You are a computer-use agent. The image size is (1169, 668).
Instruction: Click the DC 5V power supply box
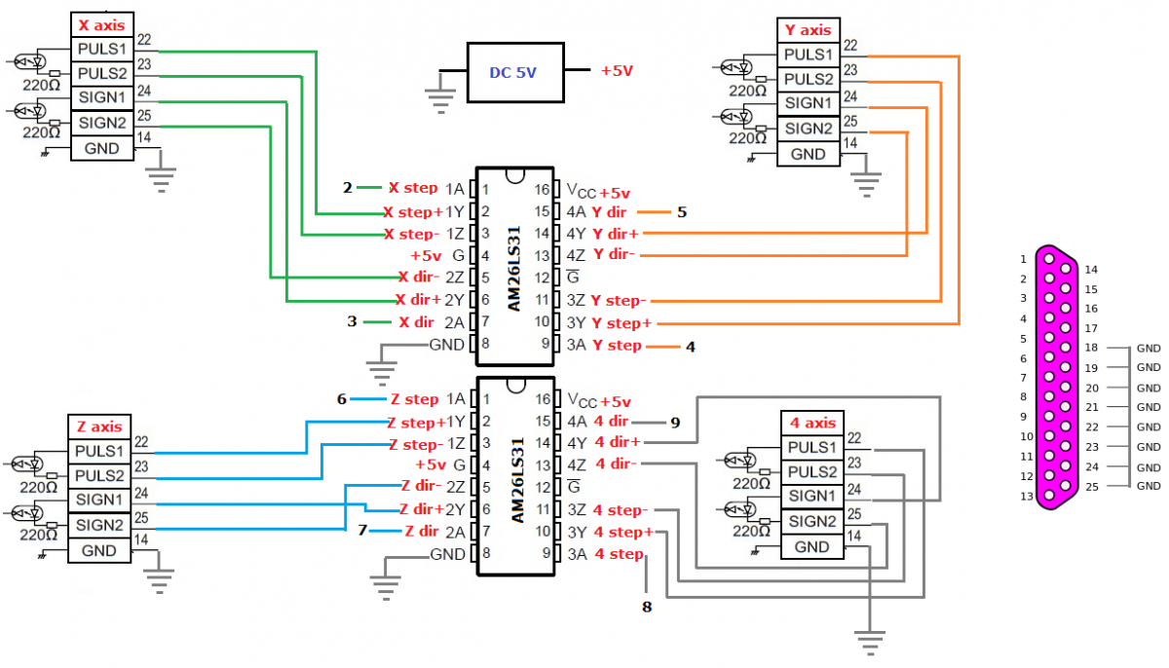514,72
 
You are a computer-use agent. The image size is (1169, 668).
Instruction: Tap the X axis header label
101,25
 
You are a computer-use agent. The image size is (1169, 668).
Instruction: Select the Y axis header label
808,30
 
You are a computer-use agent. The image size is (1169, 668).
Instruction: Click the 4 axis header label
812,423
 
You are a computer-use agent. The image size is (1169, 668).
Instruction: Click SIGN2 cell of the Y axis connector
808,129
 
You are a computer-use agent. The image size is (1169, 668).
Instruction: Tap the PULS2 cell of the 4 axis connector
812,472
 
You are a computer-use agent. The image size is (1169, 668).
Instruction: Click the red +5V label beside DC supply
617,71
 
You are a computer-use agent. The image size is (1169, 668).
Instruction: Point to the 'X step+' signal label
413,211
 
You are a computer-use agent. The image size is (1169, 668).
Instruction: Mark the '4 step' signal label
619,555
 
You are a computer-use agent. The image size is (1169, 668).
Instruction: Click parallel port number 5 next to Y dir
682,211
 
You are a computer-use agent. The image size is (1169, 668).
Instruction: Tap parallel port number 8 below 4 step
645,607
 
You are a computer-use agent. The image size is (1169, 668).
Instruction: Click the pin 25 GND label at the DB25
1149,486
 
